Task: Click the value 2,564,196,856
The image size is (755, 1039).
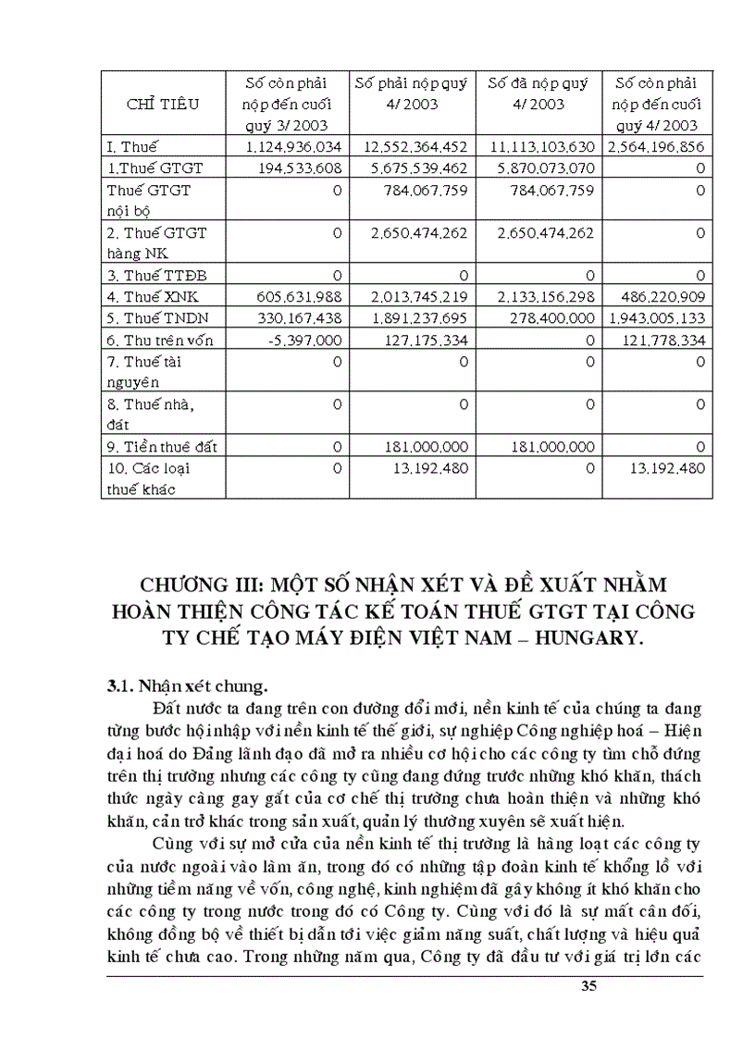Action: coord(656,147)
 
